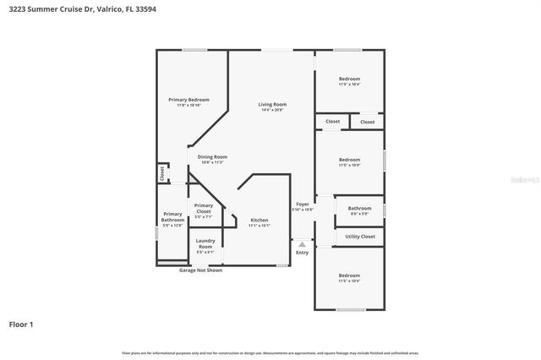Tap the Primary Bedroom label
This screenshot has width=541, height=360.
(188, 100)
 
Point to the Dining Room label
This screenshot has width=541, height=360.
(212, 156)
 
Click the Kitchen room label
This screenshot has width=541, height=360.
(259, 220)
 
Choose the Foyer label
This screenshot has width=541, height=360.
(302, 205)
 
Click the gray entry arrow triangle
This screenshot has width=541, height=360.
(302, 244)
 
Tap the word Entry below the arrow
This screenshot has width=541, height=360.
(302, 253)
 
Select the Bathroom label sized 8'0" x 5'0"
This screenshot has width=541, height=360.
(359, 208)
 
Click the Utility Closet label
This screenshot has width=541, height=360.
(360, 237)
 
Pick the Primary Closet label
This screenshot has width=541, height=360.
(203, 209)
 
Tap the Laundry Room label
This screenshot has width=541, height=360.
(205, 243)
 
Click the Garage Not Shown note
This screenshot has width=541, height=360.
(200, 270)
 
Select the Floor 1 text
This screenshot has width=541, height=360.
(21, 324)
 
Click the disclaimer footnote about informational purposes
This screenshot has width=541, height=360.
(270, 352)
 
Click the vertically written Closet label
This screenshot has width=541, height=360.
(161, 173)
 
